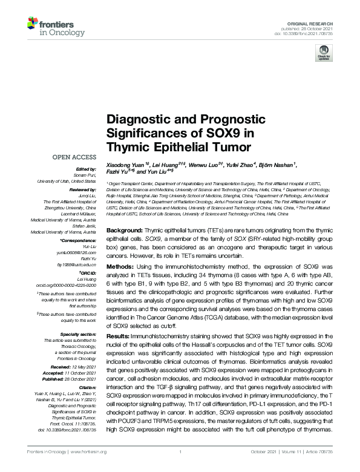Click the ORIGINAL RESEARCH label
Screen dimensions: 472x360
[316, 22]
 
